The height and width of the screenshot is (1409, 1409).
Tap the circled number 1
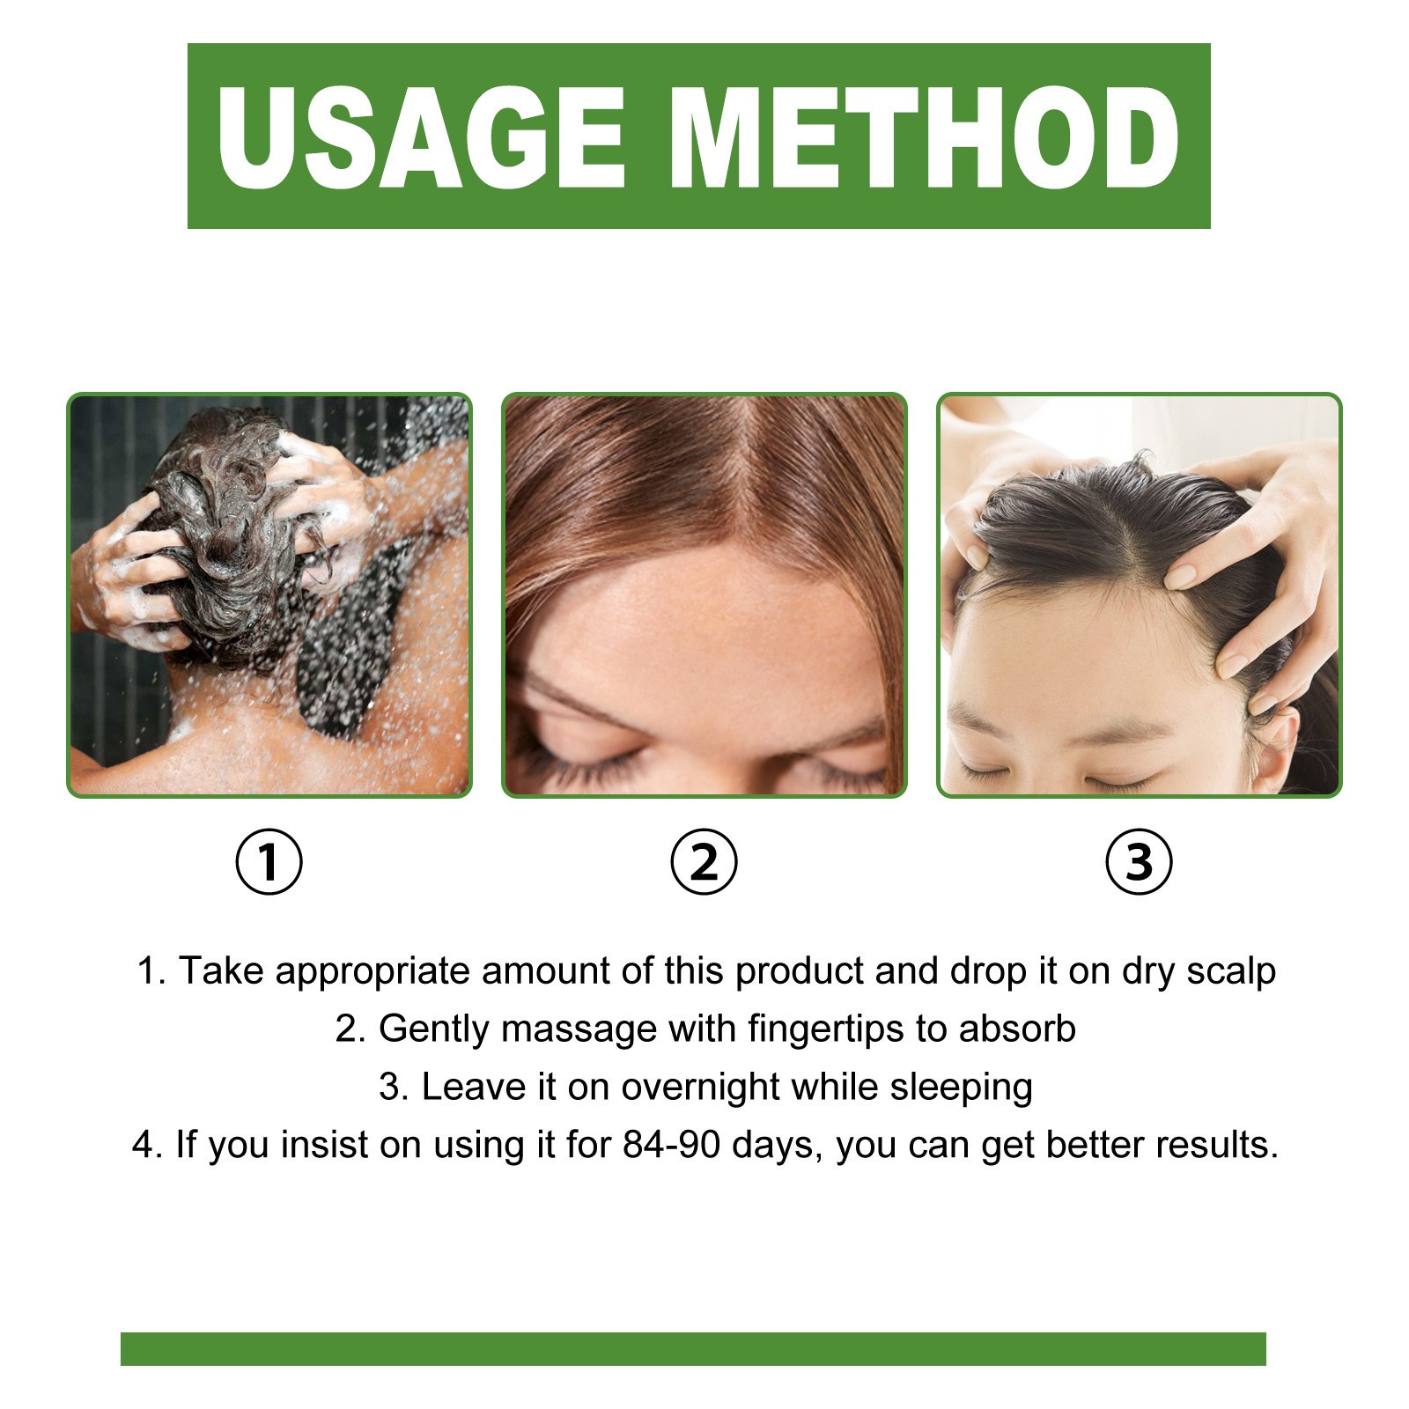click(x=269, y=861)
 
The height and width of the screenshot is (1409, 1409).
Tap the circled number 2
click(x=704, y=861)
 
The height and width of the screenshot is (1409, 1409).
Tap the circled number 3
click(x=1139, y=861)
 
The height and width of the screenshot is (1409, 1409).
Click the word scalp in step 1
click(x=1230, y=971)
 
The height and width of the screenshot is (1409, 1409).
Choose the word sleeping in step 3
click(x=961, y=1088)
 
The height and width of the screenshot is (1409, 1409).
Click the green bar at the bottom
click(x=693, y=1348)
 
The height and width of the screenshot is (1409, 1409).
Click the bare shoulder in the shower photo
click(x=387, y=704)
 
